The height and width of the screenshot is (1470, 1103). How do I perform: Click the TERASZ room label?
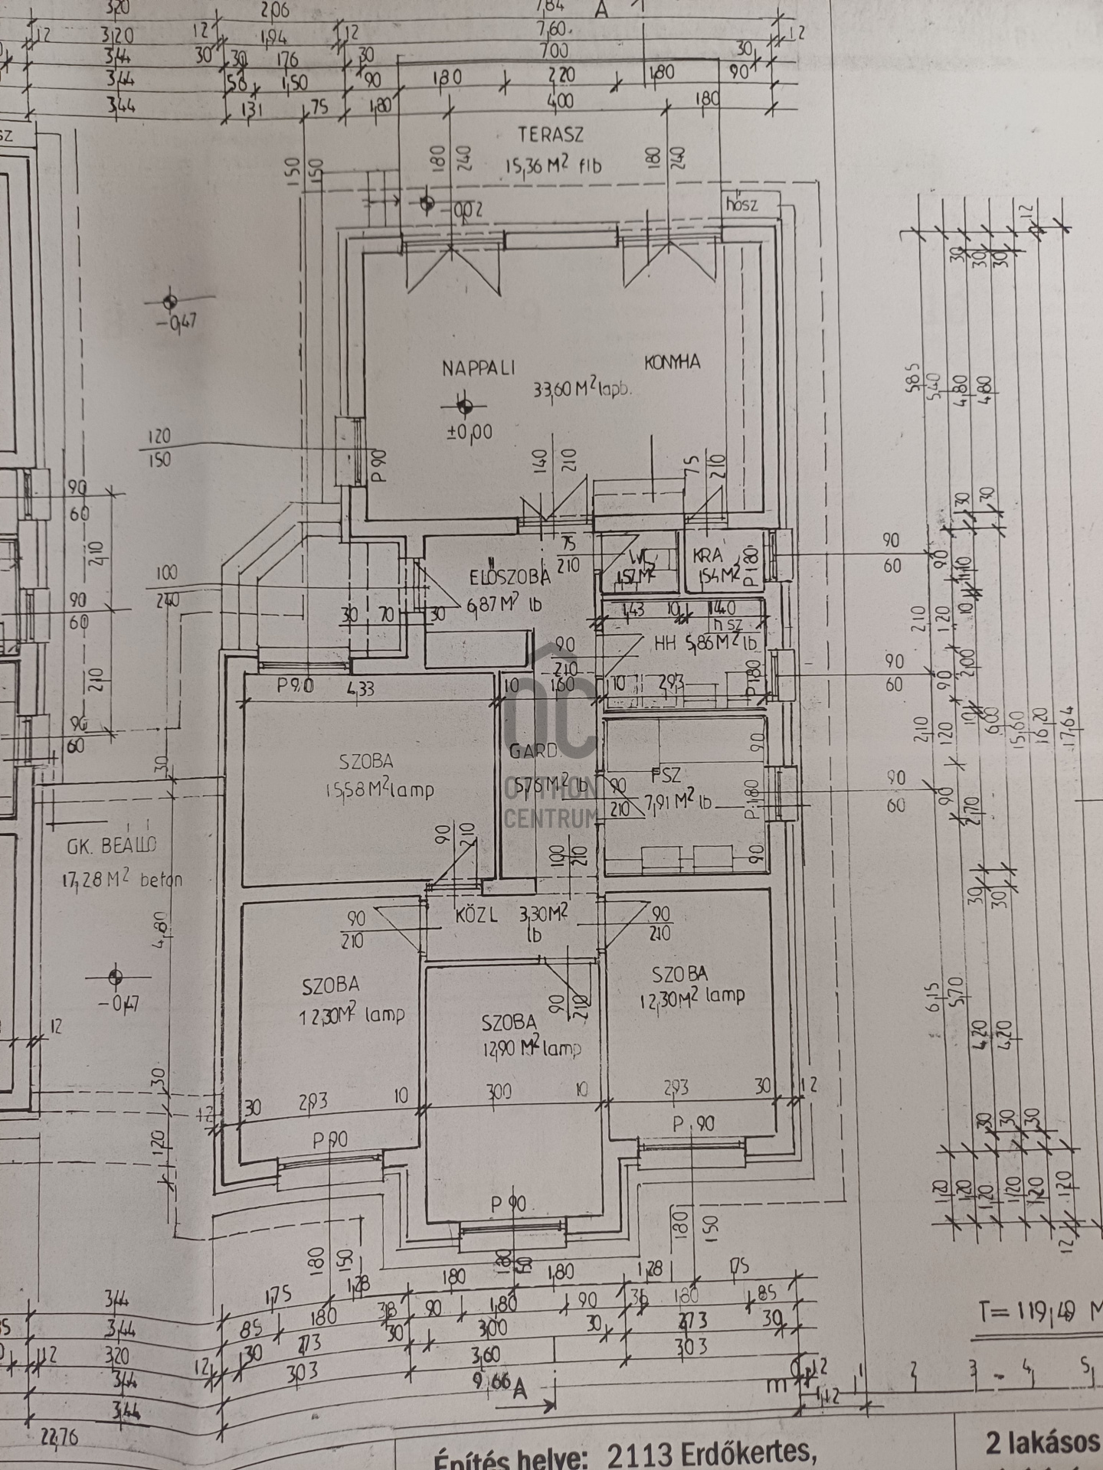point(551,135)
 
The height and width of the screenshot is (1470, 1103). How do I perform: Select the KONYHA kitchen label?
point(672,362)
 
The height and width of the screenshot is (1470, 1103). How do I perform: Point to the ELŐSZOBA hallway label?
point(509,577)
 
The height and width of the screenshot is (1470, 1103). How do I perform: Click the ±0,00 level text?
point(470,433)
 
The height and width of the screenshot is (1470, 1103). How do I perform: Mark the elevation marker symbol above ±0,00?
point(463,405)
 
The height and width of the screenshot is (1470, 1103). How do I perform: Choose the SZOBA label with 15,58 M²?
point(366,761)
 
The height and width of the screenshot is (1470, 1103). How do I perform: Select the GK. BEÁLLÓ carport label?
point(111,845)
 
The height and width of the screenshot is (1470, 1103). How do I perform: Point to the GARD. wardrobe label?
point(529,751)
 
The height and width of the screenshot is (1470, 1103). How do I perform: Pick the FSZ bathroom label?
point(666,775)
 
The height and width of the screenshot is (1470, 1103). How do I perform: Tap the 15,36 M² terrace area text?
point(553,165)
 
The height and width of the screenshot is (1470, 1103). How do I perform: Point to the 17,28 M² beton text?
point(123,880)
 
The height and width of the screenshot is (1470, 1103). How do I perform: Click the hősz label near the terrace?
point(741,204)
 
